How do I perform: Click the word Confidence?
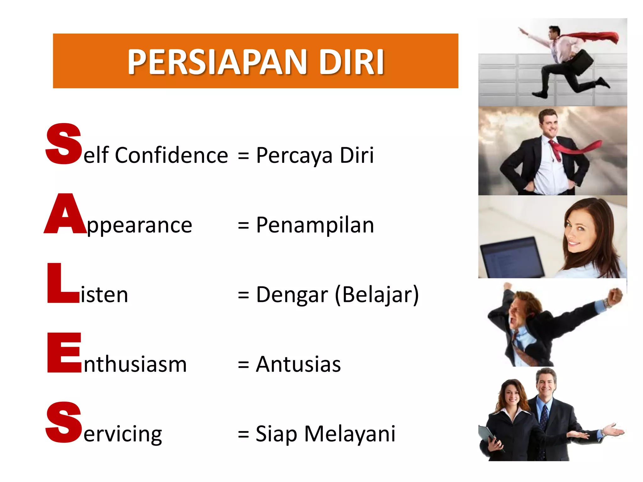click(x=171, y=155)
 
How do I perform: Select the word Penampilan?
click(x=315, y=225)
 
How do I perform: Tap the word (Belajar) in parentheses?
click(x=377, y=295)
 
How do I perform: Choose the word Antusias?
click(x=298, y=364)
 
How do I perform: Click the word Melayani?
click(x=350, y=434)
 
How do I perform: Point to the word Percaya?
click(x=294, y=156)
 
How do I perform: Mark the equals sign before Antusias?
click(x=243, y=365)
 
